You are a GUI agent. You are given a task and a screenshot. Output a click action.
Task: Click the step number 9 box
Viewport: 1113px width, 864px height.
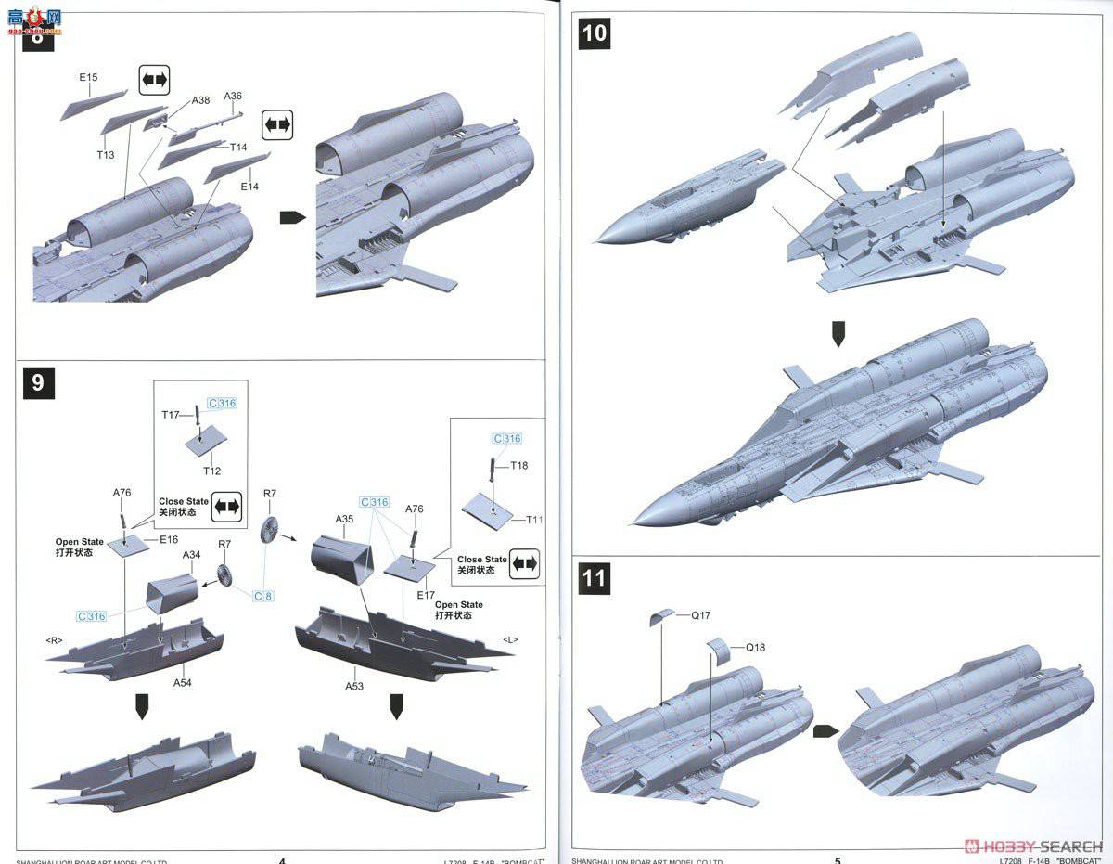point(37,381)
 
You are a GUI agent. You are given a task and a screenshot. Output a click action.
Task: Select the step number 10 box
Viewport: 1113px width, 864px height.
point(595,33)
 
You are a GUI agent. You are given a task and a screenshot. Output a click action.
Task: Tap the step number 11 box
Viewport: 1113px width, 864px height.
point(595,579)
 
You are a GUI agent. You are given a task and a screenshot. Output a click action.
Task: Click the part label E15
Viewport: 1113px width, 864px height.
point(87,78)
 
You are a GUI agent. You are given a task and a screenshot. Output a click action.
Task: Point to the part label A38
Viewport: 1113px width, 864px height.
point(201,100)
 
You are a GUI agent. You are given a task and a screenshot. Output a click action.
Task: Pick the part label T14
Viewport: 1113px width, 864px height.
point(237,147)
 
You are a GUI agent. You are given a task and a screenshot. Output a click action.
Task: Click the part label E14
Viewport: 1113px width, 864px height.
point(249,187)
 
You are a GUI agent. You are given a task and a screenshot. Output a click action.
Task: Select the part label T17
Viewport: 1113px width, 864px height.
point(171,415)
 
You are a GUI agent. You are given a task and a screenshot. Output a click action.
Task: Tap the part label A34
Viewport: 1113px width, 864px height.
point(191,554)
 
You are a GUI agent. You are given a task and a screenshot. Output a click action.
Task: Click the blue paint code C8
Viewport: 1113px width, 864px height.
point(263,595)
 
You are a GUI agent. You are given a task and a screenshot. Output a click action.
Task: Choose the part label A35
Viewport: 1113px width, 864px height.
point(345,519)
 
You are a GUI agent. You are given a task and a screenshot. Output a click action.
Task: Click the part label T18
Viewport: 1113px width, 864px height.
point(518,465)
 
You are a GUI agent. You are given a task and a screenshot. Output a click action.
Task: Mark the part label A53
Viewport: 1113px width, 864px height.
point(354,686)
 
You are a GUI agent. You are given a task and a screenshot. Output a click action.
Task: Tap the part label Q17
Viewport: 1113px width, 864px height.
point(701,614)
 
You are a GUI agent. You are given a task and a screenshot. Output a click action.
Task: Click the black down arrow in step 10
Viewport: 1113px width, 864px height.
point(838,333)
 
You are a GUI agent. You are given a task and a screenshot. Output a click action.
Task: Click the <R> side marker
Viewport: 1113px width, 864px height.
point(55,639)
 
